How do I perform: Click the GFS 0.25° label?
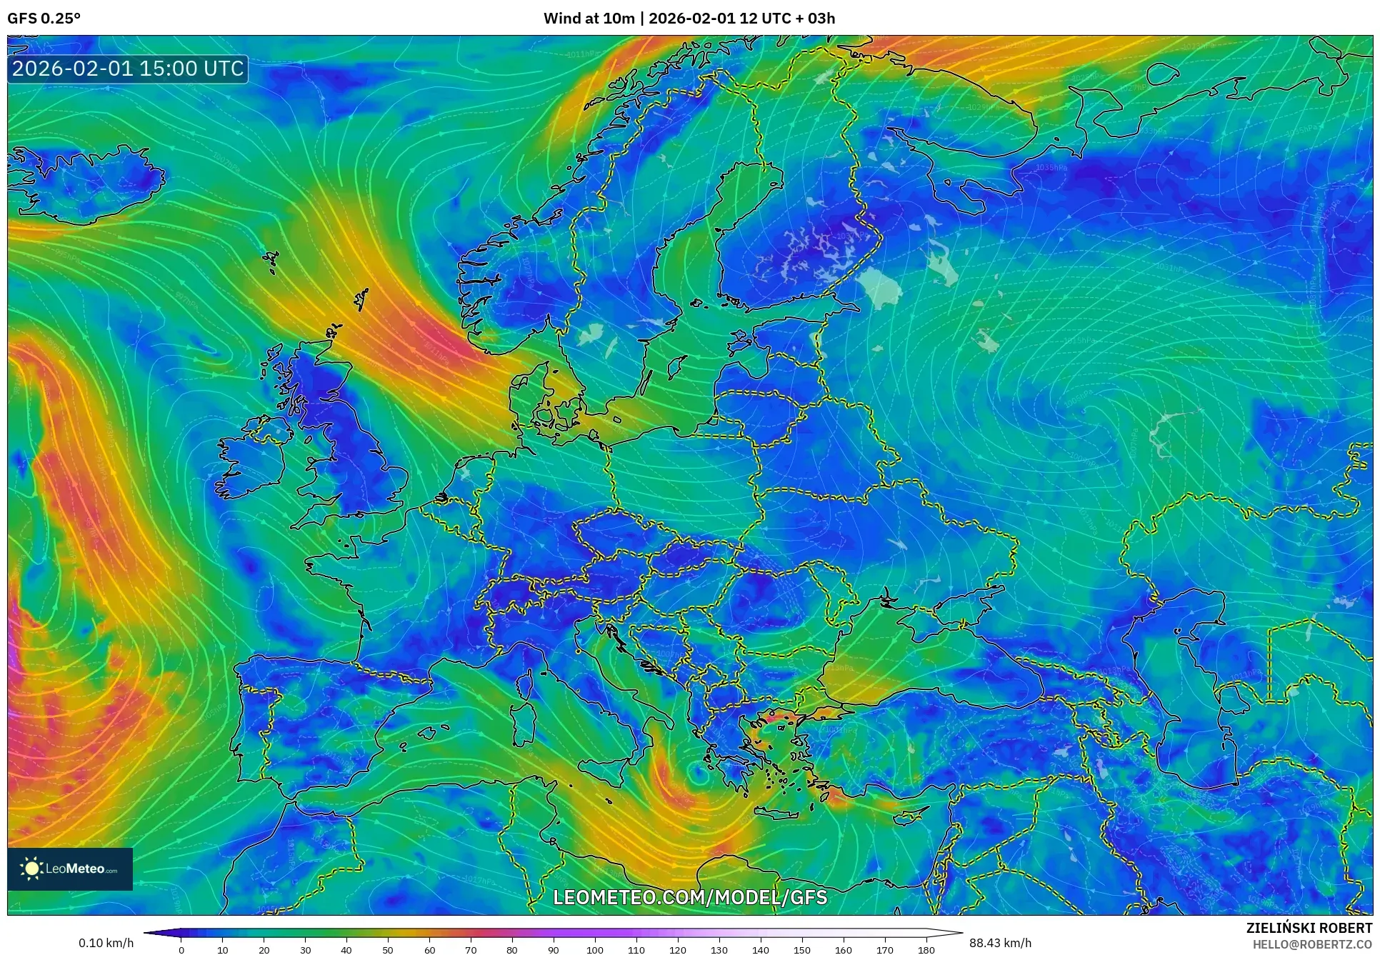44,19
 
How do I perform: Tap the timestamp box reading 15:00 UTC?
128,69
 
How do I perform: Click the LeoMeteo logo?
70,869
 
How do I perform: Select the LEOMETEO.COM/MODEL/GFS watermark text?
690,897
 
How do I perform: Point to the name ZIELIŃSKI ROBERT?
1309,929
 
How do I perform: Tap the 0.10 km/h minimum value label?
106,943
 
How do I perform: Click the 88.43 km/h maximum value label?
1000,943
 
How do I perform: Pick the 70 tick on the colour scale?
471,950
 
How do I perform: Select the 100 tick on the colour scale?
595,950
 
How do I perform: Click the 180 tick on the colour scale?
926,950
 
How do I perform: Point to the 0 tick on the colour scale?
181,950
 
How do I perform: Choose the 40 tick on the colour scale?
346,950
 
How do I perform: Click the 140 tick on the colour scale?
761,950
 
